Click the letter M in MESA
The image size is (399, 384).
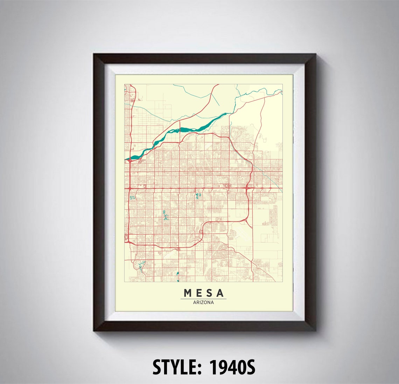[187, 293]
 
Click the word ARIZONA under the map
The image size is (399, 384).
[203, 302]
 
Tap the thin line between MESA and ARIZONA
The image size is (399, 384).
[203, 299]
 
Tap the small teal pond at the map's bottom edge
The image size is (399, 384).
[178, 276]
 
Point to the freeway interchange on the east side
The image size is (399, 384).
[247, 189]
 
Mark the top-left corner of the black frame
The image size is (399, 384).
[94, 54]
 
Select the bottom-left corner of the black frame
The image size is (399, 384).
[94, 330]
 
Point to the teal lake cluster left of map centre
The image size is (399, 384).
[164, 215]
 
